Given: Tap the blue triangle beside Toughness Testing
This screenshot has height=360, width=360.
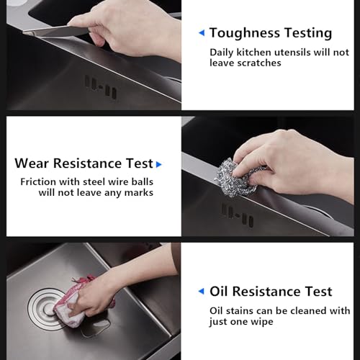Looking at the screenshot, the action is (202, 32).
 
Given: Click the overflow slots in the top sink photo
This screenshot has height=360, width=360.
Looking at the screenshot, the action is (101, 87).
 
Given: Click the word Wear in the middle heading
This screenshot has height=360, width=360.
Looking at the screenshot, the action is (32, 163).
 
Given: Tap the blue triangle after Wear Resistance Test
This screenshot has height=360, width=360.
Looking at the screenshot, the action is (158, 164).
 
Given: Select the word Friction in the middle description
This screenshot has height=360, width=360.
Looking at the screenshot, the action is (38, 181).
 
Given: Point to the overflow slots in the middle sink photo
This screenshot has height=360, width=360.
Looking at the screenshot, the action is (237, 215).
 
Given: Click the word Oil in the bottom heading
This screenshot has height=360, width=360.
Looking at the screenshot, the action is (219, 292).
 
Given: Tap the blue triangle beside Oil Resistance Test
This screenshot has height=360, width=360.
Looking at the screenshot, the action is (201, 292).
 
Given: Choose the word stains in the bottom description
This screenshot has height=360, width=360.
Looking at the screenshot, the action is (240, 311).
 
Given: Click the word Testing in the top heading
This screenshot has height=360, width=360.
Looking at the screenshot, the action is (308, 33).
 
